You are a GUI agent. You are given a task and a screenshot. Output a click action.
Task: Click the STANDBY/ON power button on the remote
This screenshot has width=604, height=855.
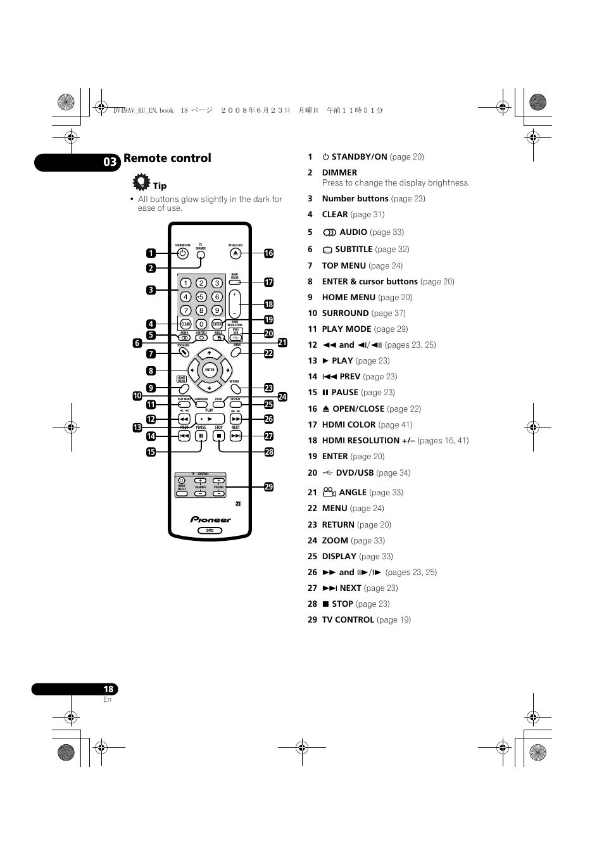pyautogui.click(x=183, y=253)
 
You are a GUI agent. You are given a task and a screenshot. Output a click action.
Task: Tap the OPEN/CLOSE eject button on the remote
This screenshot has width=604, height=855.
pyautogui.click(x=236, y=253)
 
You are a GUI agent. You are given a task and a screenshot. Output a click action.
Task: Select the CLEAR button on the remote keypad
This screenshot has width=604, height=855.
pyautogui.click(x=186, y=324)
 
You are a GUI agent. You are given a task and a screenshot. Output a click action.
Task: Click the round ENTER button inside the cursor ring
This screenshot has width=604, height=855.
pyautogui.click(x=210, y=370)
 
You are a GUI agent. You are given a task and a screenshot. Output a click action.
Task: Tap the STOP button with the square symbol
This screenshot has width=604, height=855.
pyautogui.click(x=218, y=436)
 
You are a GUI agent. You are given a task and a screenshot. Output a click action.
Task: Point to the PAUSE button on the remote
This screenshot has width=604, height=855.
pyautogui.click(x=201, y=436)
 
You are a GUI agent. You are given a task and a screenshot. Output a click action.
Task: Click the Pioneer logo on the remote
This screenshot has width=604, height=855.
pyautogui.click(x=211, y=519)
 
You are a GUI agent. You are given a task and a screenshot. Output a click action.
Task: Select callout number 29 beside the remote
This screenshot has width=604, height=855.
pyautogui.click(x=268, y=486)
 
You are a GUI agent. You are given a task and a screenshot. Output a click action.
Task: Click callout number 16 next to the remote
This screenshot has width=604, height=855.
pyautogui.click(x=268, y=253)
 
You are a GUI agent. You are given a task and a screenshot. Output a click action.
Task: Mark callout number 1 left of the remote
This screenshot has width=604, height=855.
pyautogui.click(x=151, y=253)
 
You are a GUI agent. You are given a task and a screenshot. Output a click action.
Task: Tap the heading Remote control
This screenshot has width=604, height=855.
pyautogui.click(x=168, y=158)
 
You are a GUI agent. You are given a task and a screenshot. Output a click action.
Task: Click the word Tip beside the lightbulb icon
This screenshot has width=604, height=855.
pyautogui.click(x=160, y=186)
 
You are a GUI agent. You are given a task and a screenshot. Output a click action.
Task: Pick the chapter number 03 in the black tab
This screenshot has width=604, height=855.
pyautogui.click(x=110, y=162)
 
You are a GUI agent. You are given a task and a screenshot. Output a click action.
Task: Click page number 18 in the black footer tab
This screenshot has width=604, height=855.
pyautogui.click(x=108, y=689)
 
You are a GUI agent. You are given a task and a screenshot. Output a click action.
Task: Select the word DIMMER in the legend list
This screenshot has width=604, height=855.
pyautogui.click(x=339, y=172)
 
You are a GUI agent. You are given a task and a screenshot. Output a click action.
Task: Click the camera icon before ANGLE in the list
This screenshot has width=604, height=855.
pyautogui.click(x=329, y=491)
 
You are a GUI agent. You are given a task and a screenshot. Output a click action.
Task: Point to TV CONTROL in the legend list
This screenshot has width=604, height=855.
pyautogui.click(x=348, y=619)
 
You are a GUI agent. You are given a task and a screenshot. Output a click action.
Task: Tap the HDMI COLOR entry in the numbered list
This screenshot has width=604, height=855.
pyautogui.click(x=348, y=424)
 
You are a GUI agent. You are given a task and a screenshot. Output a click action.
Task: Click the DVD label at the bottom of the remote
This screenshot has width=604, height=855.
pyautogui.click(x=210, y=531)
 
